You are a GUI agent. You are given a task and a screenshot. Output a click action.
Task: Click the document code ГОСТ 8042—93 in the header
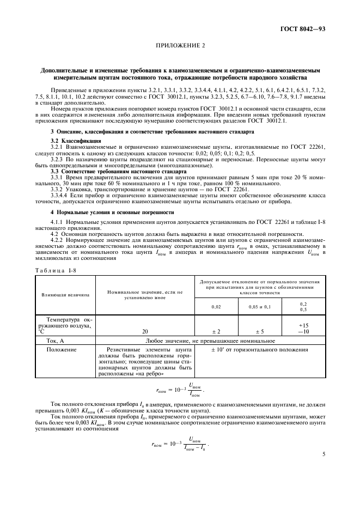click(302, 28)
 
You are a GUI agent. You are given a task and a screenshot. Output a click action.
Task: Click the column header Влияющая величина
click(65, 294)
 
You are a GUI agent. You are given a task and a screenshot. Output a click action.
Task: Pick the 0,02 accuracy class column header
click(216, 306)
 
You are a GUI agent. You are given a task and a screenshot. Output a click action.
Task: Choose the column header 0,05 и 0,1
click(259, 306)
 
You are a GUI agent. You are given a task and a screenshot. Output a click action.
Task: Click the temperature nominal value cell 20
click(145, 331)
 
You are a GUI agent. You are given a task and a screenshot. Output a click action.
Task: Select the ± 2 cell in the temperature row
click(216, 331)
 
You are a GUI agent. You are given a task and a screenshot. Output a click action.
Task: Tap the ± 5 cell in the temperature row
click(259, 331)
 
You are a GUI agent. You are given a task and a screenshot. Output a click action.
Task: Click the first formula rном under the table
click(179, 388)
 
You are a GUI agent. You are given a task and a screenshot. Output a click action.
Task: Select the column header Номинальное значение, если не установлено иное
click(145, 294)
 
